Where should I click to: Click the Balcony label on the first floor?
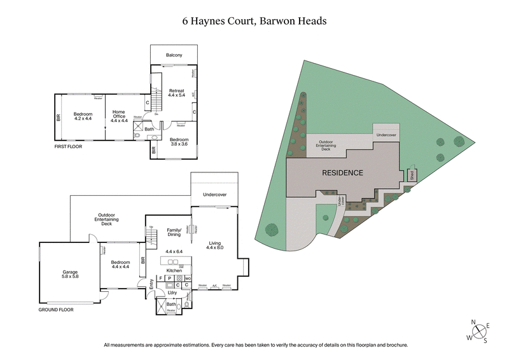click(174, 55)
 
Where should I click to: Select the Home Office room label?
click(119, 116)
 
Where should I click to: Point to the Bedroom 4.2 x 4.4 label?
click(83, 116)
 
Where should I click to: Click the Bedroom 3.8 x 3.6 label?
click(179, 141)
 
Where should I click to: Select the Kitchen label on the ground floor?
click(174, 270)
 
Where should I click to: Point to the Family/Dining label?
click(174, 232)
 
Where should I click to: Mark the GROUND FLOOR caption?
click(55, 310)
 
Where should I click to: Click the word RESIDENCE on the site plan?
click(342, 172)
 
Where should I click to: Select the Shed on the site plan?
click(412, 176)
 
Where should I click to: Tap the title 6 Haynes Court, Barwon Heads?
click(254, 20)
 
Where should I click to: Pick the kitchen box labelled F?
click(161, 278)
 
